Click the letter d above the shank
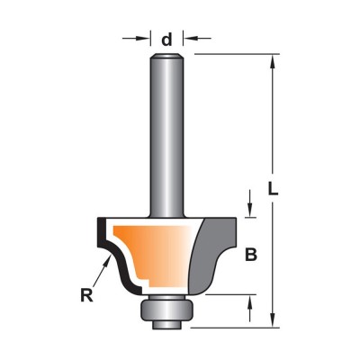166,40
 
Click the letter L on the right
273,188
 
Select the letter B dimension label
251,255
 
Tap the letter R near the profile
87,295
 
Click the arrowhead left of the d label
143,38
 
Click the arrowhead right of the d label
191,38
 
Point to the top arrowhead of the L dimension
273,61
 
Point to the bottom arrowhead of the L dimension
273,319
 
